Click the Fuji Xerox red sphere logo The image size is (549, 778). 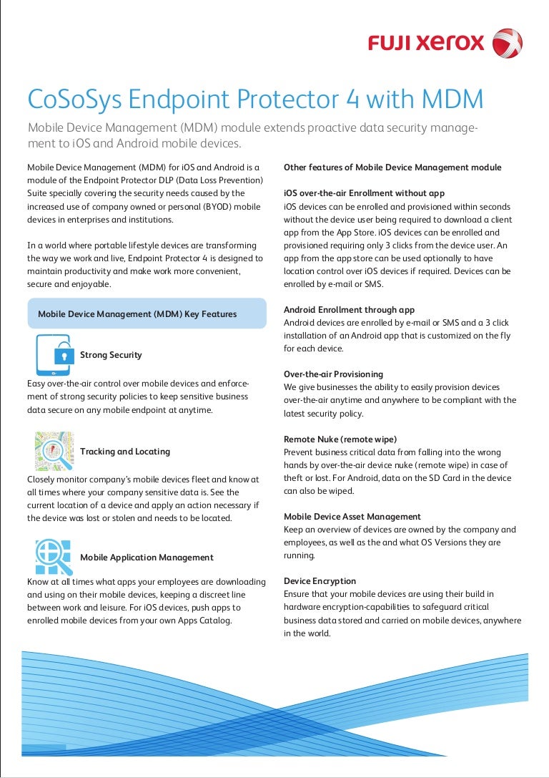tap(507, 42)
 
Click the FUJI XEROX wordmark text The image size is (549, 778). tap(426, 44)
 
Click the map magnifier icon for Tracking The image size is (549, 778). tap(54, 451)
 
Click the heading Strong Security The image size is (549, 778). tap(111, 355)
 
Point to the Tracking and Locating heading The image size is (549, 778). tap(125, 452)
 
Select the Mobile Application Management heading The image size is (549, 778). tap(147, 558)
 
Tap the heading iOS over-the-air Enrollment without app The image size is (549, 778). tap(364, 193)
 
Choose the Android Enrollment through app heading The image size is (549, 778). tap(349, 310)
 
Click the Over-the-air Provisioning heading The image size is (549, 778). tap(333, 374)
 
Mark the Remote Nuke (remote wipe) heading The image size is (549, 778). tap(340, 439)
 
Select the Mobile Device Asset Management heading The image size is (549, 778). tap(352, 516)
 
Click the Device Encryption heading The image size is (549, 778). tap(320, 580)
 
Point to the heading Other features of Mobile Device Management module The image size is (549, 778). tap(392, 167)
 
